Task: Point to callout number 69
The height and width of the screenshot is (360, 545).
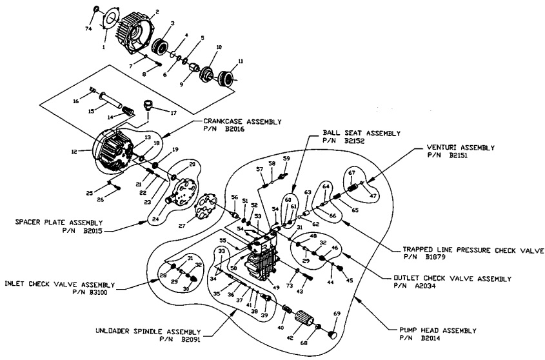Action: (336, 313)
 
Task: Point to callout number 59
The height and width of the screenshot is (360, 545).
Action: (287, 157)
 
